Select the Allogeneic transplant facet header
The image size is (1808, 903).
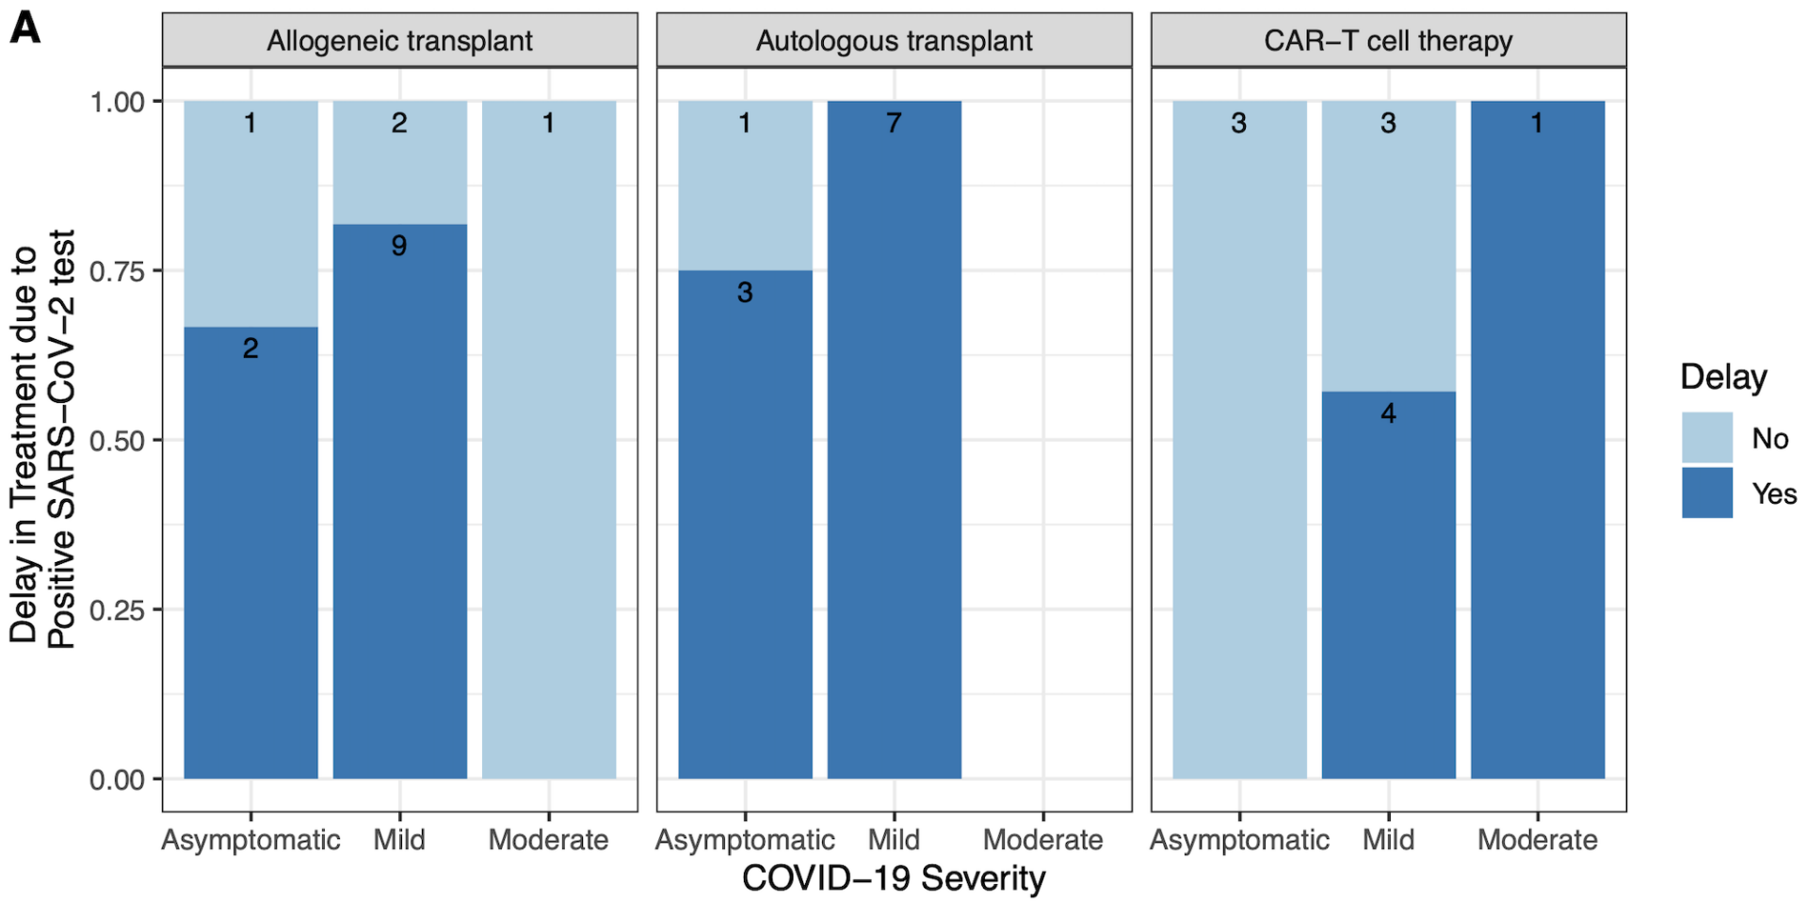pos(399,40)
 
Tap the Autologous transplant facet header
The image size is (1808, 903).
pos(894,40)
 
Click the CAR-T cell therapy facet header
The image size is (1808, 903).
pos(1388,40)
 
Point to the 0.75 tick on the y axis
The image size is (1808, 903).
pos(118,271)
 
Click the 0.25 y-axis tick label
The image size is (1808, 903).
pos(118,610)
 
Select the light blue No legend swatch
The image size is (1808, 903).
pos(1706,438)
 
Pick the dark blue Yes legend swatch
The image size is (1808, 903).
pos(1706,492)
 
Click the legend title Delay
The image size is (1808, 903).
pos(1723,377)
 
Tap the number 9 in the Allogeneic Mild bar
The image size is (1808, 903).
pos(399,246)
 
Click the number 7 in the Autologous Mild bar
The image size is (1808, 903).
pos(894,122)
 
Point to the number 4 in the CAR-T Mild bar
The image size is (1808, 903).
pos(1388,412)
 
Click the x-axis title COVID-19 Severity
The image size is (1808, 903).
pos(894,878)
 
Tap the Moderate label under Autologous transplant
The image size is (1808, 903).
pos(1042,839)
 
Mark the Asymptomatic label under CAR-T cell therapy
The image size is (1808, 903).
pos(1239,839)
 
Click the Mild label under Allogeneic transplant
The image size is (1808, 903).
pos(399,839)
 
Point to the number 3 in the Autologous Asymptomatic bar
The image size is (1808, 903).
pos(745,292)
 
